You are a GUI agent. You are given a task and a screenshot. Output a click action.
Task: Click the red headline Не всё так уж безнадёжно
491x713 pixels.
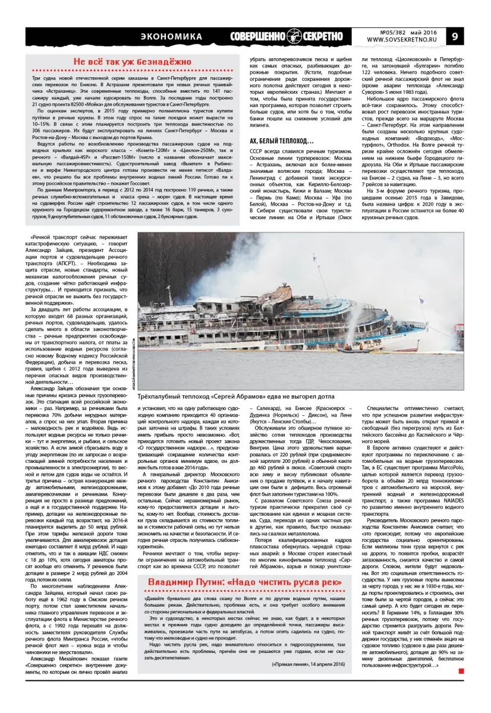pyautogui.click(x=132, y=62)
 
